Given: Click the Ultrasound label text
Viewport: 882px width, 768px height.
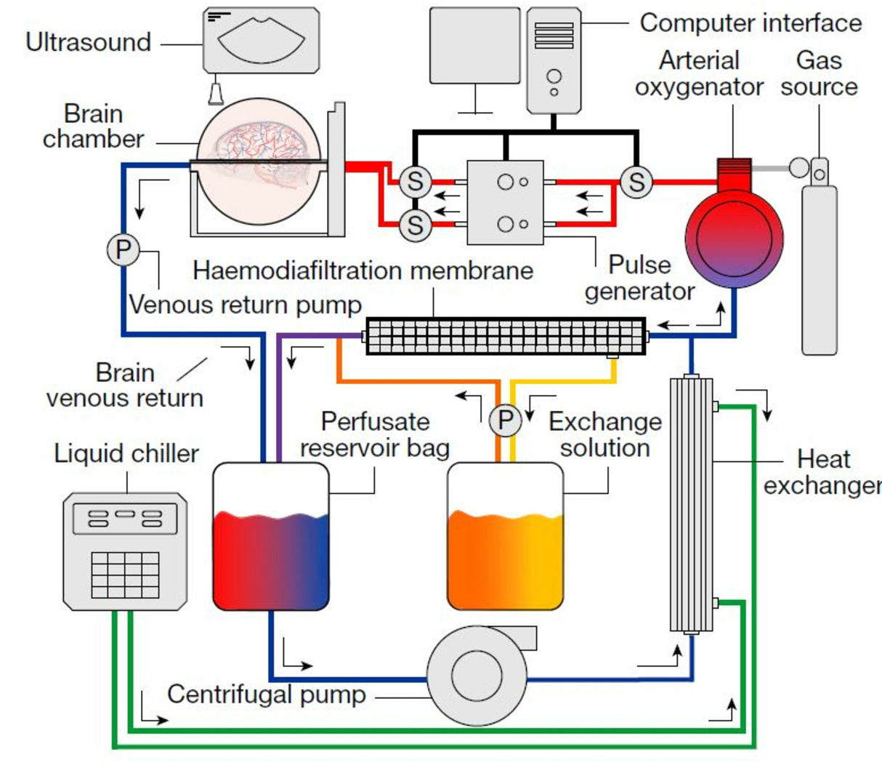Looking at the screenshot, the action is pos(89,42).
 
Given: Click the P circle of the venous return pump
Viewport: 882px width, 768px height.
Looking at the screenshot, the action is pos(124,249).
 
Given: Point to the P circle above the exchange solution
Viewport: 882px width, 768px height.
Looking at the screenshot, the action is pos(505,420).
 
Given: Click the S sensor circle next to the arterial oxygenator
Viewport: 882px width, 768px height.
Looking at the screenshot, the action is pos(636,182).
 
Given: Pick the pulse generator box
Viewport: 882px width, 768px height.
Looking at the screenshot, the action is pos(505,203).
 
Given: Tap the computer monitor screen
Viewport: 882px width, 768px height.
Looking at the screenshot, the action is pos(475,45).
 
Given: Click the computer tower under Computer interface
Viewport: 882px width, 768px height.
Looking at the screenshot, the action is pos(554,60).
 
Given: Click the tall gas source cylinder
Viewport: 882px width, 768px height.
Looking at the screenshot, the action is pos(820,270).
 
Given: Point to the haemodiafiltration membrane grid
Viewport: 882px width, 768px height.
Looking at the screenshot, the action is pos(506,336).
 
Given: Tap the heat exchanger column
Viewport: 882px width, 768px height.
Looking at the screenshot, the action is pos(692,505).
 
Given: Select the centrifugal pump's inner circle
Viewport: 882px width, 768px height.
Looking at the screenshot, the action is pos(477,676).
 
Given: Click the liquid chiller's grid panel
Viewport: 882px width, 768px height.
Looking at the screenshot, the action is pos(126,575).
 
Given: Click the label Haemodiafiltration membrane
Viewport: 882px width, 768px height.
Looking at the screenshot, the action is pos(363,271).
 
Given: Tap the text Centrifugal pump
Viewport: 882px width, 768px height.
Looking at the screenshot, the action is pos(267,695).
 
